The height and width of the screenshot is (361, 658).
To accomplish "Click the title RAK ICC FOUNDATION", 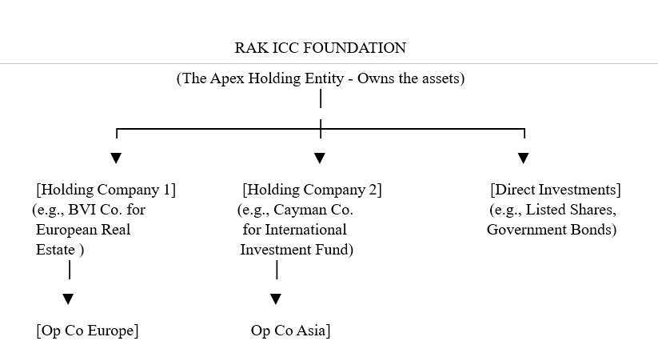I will pos(320,48).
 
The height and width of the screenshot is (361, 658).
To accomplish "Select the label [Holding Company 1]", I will pos(106,190).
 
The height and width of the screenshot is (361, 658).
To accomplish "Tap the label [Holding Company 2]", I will pos(312,190).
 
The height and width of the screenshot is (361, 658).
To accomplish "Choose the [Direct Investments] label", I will pos(555,190).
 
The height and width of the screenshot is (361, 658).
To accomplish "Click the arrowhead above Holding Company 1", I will pos(116,158).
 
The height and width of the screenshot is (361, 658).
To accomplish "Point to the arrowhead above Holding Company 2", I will pos(320,158).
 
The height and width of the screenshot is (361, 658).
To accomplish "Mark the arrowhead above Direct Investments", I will pos(523,158).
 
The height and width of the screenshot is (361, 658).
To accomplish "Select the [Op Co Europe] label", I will pos(87,331).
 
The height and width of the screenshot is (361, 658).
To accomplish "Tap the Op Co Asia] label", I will pos(290,331).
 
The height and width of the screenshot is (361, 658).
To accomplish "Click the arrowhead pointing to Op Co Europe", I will pos(69,299).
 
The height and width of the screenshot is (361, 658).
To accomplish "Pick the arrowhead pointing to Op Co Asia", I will pos(276,299).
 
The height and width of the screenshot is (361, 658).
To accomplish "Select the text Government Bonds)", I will pos(552,230).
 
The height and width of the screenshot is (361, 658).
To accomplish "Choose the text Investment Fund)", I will pos(297,249).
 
